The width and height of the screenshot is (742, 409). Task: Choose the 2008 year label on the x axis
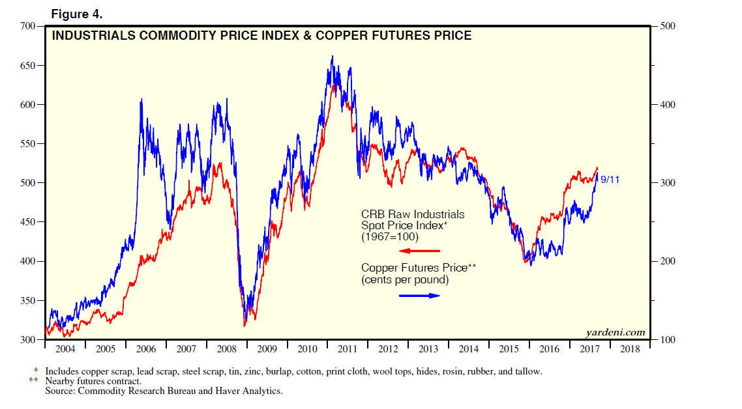[227, 349]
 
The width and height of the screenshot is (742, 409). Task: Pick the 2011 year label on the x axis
[348, 349]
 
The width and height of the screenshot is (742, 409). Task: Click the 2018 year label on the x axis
[631, 349]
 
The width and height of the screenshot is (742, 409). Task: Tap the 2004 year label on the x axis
[65, 349]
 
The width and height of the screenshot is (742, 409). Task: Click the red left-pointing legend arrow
[420, 251]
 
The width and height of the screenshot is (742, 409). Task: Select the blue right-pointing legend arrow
[420, 296]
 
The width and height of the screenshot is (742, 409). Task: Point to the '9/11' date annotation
[610, 180]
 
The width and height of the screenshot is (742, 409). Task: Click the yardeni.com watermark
[616, 333]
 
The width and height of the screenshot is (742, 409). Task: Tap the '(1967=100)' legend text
[390, 237]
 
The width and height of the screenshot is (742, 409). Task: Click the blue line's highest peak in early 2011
[332, 57]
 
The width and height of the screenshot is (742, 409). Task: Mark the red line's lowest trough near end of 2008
[245, 325]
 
